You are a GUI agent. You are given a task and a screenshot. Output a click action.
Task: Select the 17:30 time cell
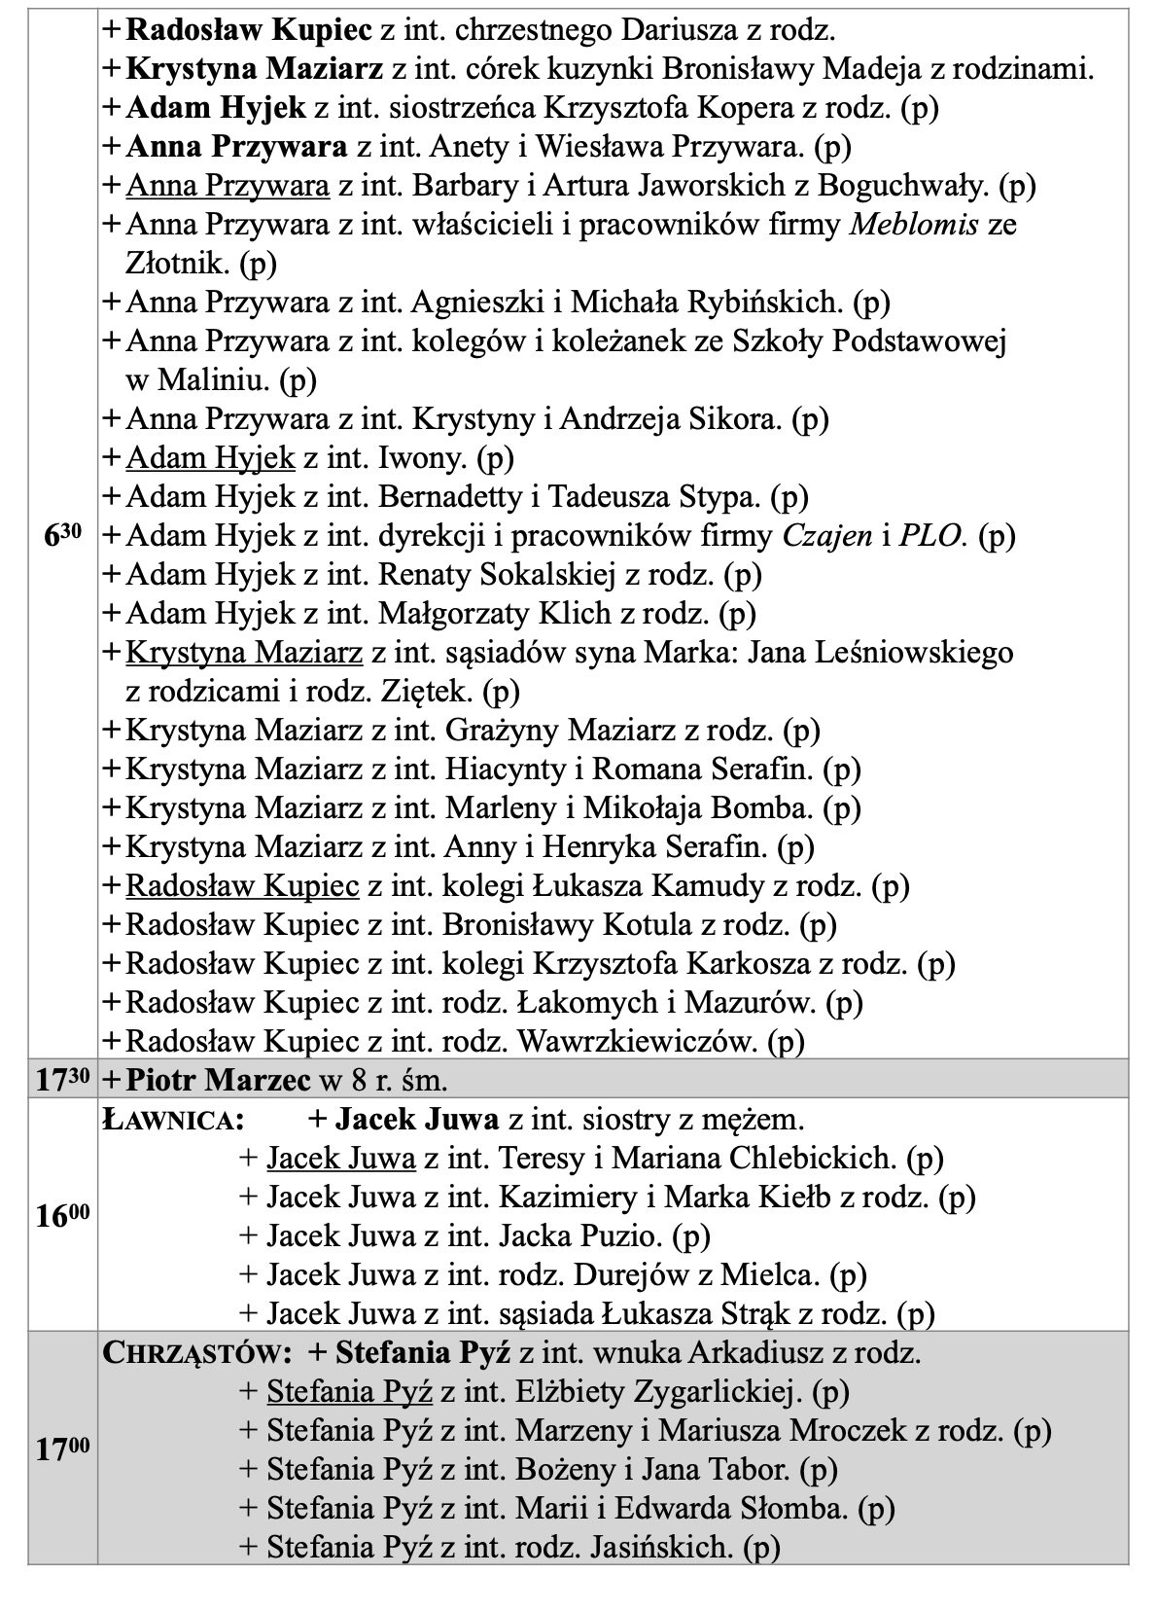63,1080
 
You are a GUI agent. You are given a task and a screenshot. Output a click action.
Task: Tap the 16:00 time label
63,1215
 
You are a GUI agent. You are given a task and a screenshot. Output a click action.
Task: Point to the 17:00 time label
63,1449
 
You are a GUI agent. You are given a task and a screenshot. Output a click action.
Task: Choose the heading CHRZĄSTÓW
197,1353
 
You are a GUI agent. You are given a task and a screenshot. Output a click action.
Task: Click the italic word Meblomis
914,225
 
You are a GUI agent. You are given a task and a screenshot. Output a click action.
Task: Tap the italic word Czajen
827,536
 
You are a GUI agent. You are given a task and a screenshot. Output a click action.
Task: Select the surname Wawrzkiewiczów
638,1042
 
